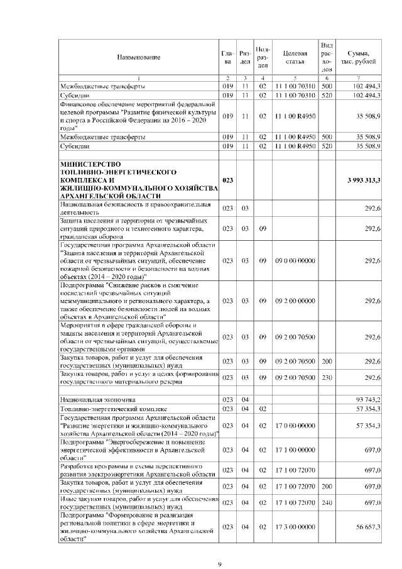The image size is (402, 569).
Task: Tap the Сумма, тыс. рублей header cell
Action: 358,57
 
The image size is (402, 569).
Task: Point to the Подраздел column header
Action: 264,57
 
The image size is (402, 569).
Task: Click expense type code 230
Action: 327,377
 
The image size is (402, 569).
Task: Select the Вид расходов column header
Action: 327,57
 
